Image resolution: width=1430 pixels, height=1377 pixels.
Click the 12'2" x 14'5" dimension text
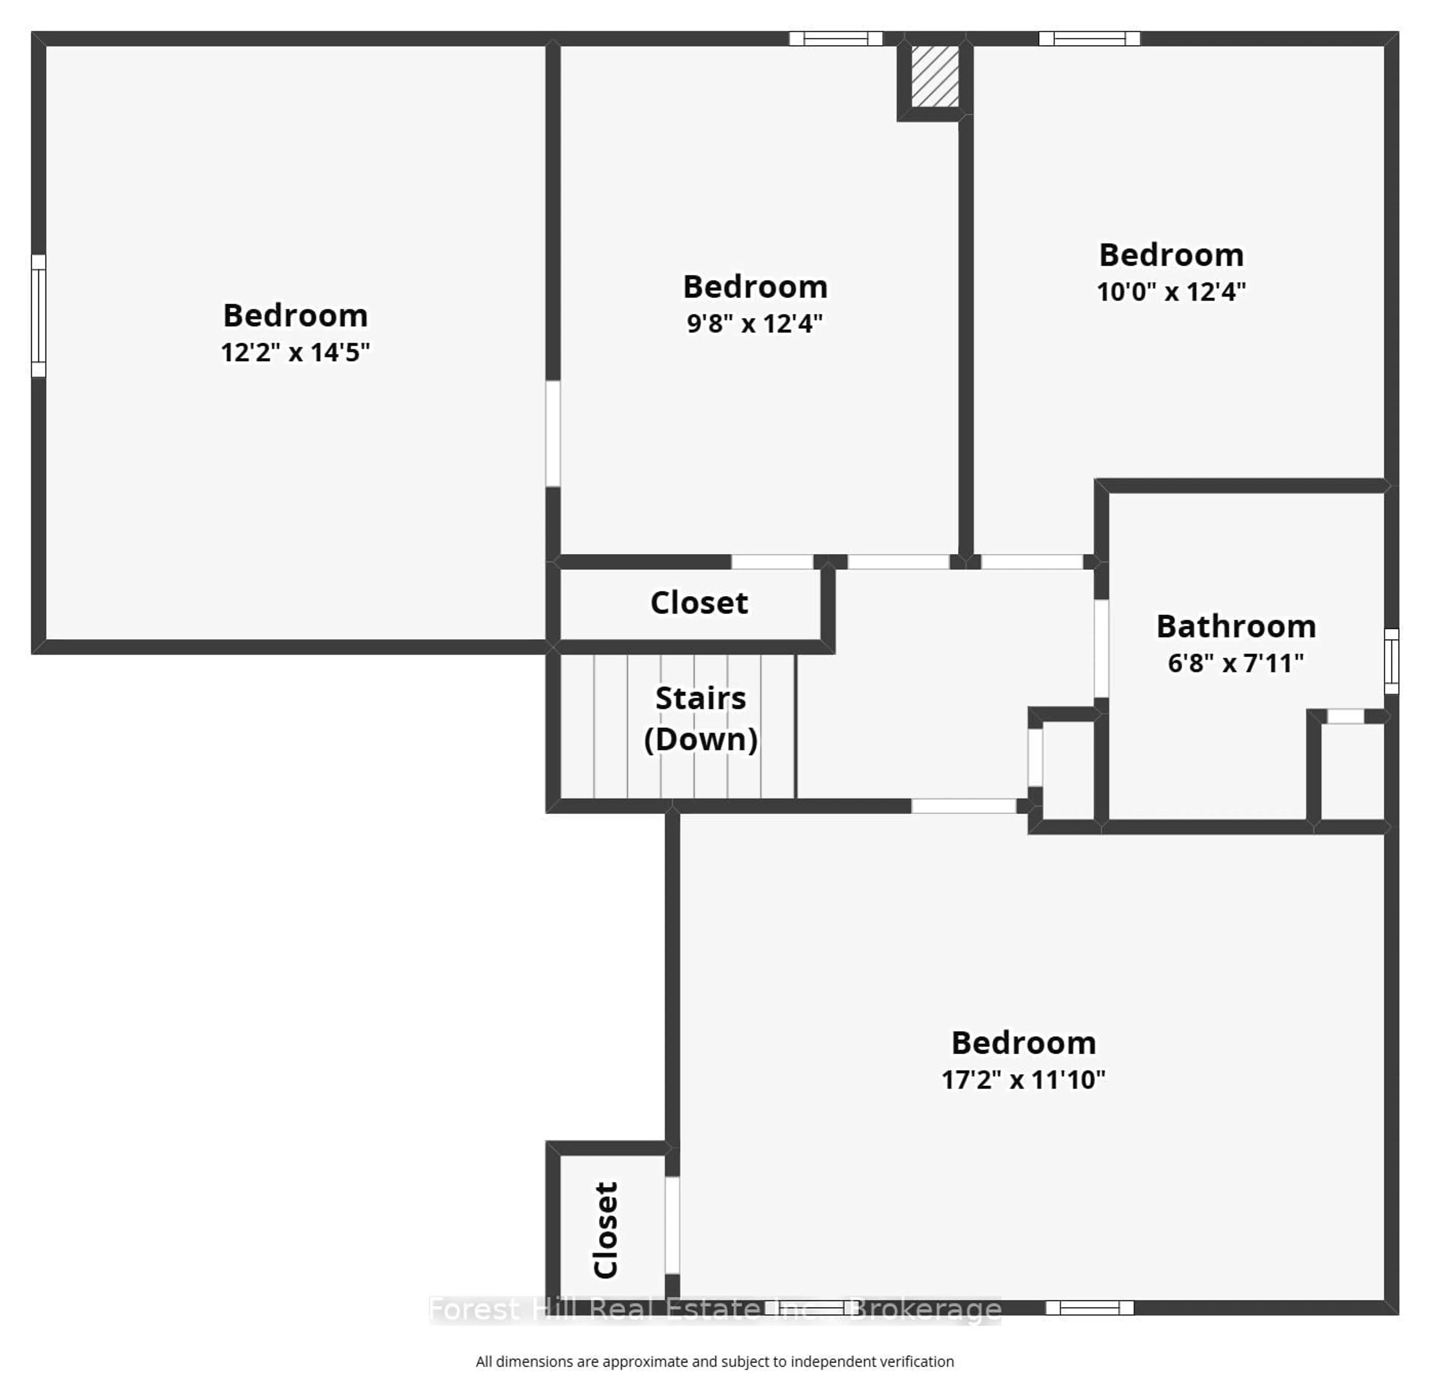coord(295,352)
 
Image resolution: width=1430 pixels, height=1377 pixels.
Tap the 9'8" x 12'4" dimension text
coord(754,323)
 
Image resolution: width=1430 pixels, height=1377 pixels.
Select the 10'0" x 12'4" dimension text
coord(1171,292)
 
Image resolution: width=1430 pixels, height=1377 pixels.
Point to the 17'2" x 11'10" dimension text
coord(1023,1079)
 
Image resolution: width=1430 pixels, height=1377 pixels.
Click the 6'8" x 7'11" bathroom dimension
coord(1235,663)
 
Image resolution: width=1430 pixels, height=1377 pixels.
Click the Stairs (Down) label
coord(700,719)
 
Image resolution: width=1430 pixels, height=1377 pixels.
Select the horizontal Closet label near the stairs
coord(699,603)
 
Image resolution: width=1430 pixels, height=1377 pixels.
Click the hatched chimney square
coord(935,76)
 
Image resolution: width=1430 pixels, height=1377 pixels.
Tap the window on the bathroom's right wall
coord(1391,660)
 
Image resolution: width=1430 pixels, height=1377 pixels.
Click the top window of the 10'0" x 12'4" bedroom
coord(1089,39)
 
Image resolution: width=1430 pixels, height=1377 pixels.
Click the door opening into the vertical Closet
coord(672,1225)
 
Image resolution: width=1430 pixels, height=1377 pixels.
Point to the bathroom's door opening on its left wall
coord(1101,648)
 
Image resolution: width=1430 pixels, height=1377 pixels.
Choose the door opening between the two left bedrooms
coord(553,434)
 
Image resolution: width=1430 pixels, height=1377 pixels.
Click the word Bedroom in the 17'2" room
coord(1023,1043)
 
